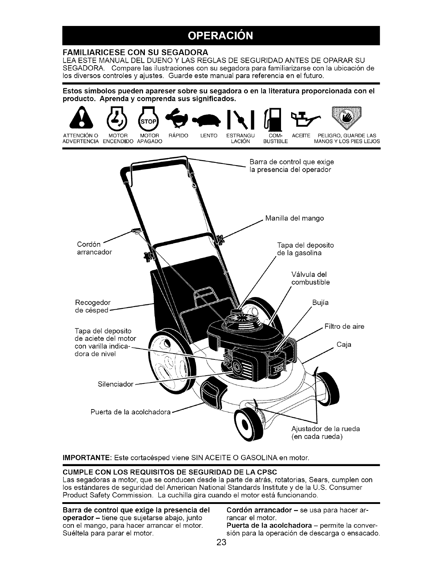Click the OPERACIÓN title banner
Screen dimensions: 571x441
pyautogui.click(x=221, y=36)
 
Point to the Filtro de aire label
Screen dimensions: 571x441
pyautogui.click(x=344, y=327)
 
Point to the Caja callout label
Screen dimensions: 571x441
pyautogui.click(x=344, y=345)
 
